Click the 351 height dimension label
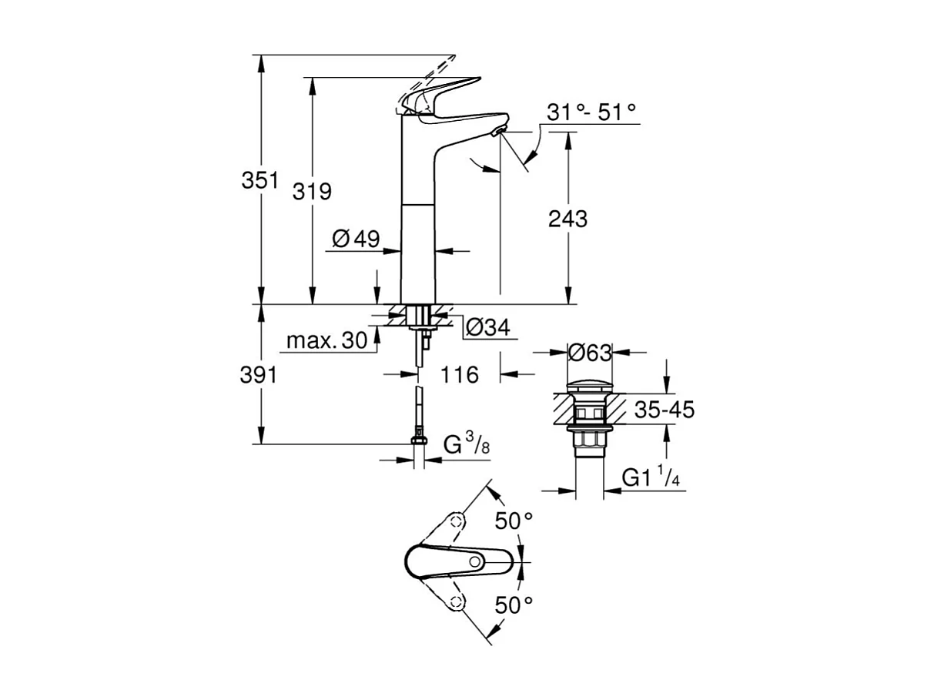259,181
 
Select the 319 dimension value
312,191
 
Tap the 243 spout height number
567,219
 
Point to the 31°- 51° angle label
591,112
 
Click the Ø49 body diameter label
357,239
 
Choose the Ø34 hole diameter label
487,328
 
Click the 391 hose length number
259,375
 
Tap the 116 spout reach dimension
459,375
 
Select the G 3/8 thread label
467,444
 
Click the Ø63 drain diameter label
589,353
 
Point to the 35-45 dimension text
665,410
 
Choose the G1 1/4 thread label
651,478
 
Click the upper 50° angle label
514,521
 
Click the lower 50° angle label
514,605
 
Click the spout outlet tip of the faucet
499,132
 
